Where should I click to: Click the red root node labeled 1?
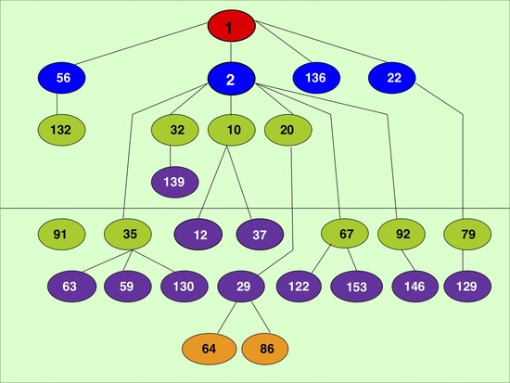[x=231, y=26]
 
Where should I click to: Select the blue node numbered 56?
[x=62, y=78]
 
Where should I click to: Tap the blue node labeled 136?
[x=316, y=78]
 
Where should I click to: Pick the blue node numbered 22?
[x=392, y=78]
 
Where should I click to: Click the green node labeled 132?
[x=62, y=130]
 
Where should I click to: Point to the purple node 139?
[x=175, y=182]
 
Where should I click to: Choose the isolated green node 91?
[x=62, y=235]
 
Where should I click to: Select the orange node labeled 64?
[x=210, y=349]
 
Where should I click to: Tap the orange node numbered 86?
[x=265, y=349]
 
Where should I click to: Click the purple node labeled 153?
[x=356, y=287]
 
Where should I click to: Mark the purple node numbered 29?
[x=241, y=287]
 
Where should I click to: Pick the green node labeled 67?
[x=345, y=234]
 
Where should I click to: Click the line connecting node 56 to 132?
[x=57, y=104]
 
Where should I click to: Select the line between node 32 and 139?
[x=170, y=156]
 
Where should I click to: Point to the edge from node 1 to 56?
[x=142, y=44]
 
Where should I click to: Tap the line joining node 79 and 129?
[x=464, y=261]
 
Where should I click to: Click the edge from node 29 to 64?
[x=226, y=318]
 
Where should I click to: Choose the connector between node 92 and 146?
[x=409, y=261]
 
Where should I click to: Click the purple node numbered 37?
[x=260, y=235]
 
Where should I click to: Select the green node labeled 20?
[x=288, y=130]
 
